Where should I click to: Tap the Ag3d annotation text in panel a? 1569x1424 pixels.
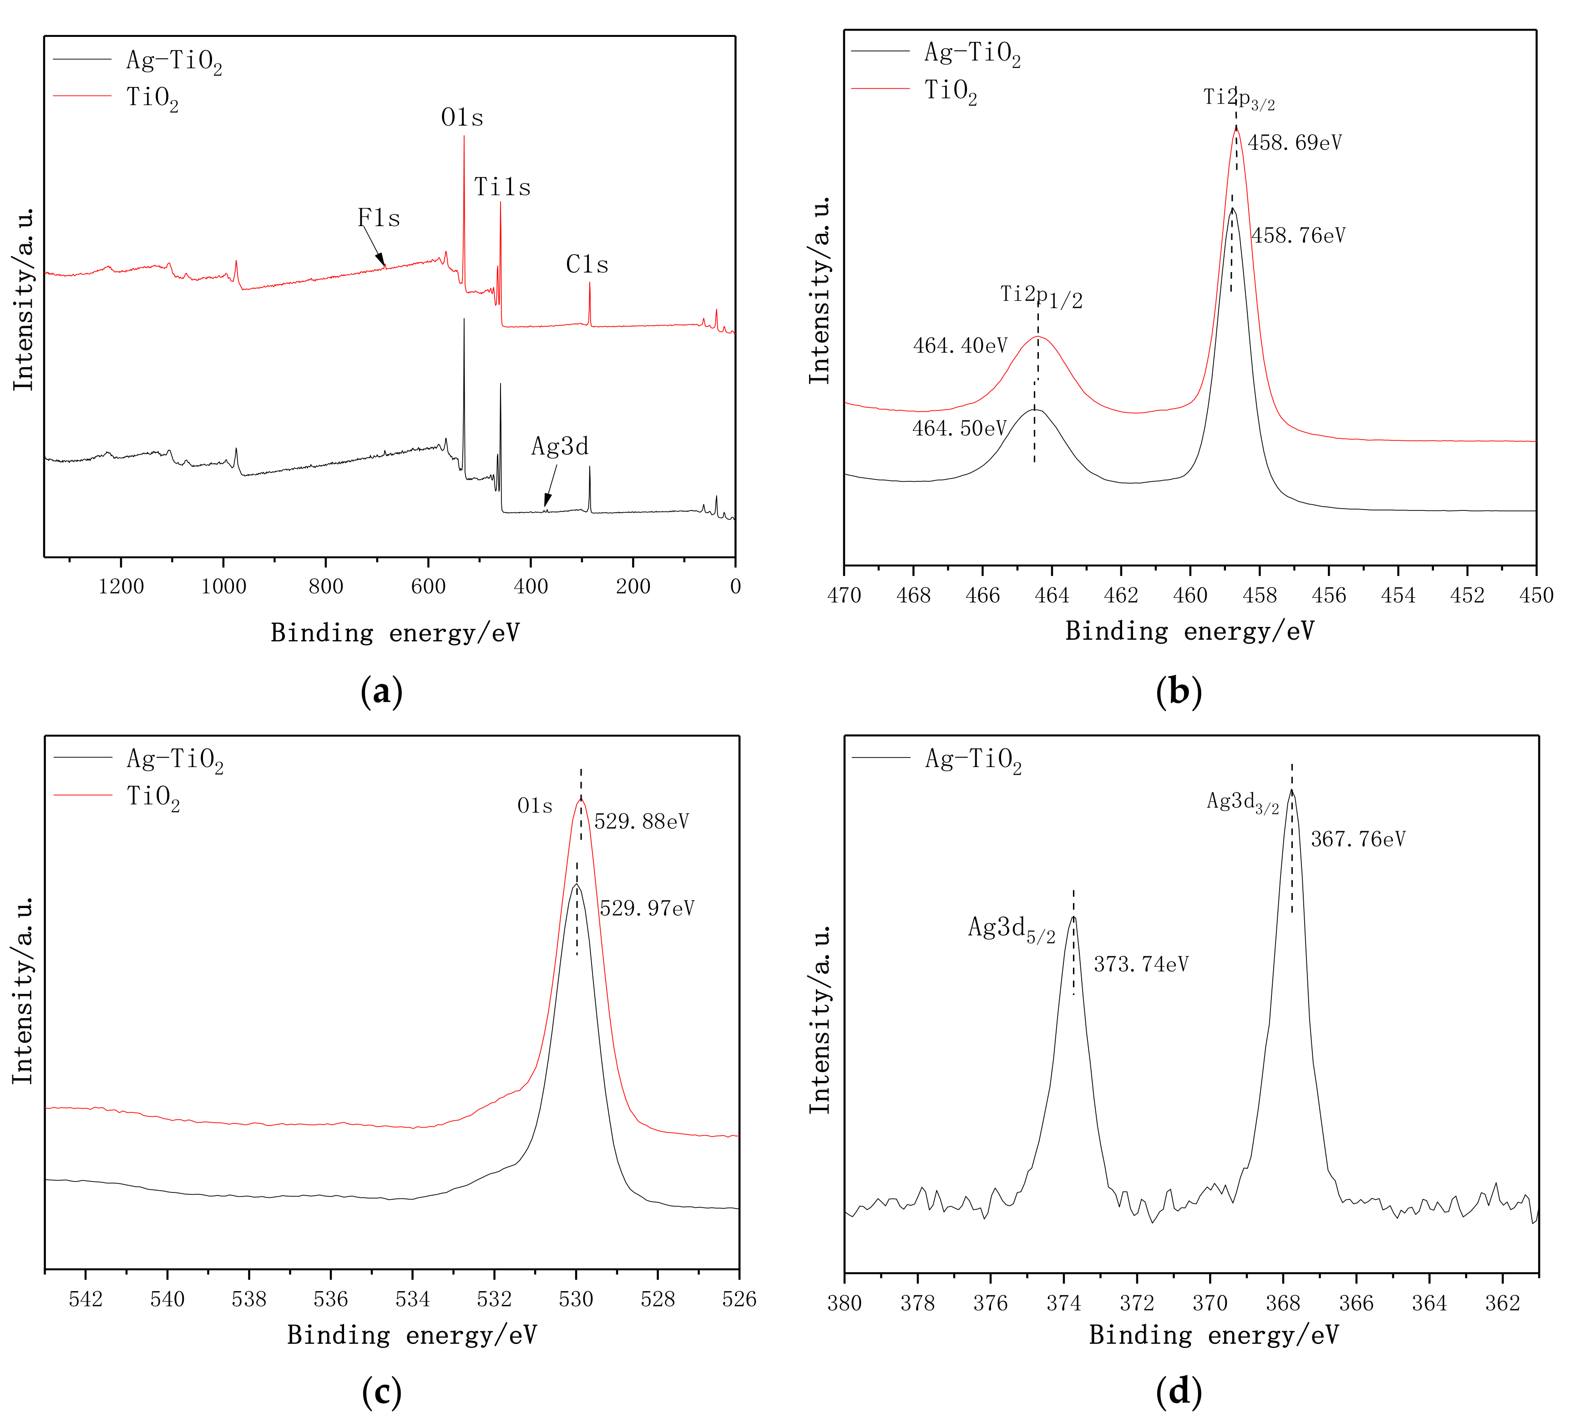[560, 447]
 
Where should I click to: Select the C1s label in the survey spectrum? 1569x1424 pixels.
[587, 265]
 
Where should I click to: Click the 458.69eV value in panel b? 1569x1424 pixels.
[1295, 143]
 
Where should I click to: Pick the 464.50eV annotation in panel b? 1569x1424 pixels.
[960, 429]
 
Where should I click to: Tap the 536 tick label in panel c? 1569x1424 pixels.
[331, 1299]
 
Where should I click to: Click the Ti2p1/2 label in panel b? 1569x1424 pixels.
[1041, 296]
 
